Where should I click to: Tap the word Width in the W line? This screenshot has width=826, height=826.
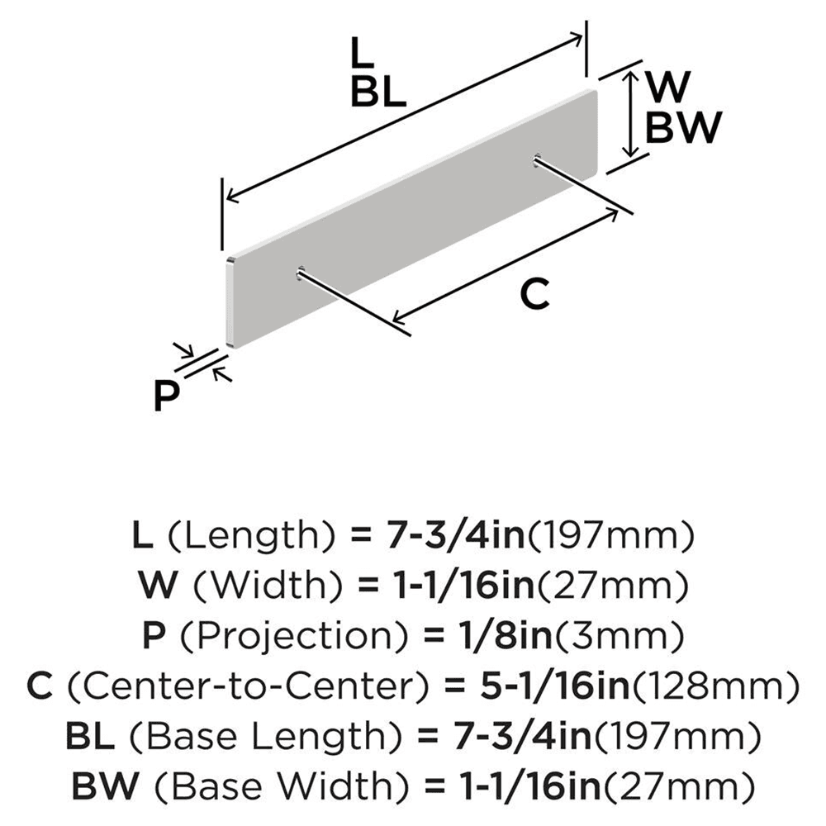(266, 586)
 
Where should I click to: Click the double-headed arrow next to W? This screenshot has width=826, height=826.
(630, 113)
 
